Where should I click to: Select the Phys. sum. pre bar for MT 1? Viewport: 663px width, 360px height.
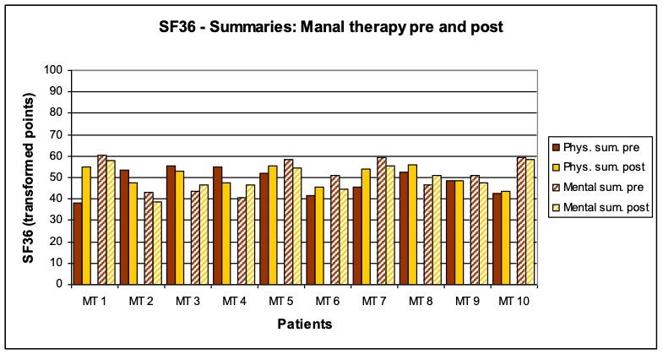click(x=78, y=243)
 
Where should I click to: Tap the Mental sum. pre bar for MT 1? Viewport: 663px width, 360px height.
click(x=101, y=220)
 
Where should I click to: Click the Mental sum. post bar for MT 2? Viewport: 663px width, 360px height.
click(x=157, y=243)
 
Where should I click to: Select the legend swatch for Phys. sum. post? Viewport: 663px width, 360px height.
click(x=556, y=167)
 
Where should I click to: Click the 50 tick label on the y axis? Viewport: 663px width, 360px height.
click(x=57, y=177)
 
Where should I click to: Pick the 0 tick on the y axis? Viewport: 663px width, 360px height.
click(x=60, y=285)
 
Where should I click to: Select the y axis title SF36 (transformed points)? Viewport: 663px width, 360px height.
click(x=30, y=177)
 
